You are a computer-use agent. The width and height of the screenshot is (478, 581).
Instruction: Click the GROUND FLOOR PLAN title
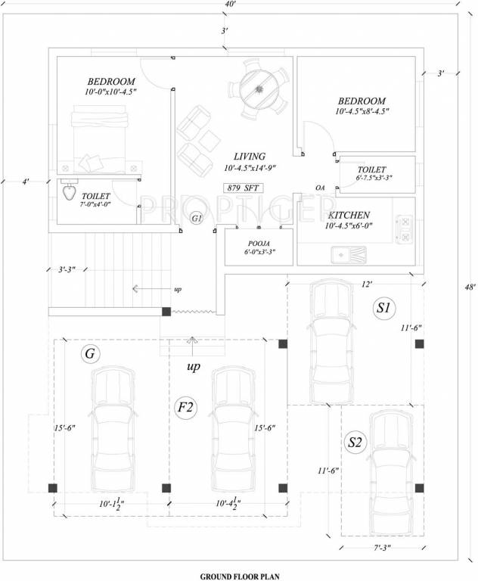coord(239,576)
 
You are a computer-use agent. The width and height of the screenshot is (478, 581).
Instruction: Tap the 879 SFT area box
coord(241,188)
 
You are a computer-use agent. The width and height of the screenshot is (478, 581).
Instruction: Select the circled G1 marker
coord(197,219)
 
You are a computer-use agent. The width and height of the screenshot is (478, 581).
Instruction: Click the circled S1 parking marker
coord(383,308)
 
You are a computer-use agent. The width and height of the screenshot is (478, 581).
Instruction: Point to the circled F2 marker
coord(186,409)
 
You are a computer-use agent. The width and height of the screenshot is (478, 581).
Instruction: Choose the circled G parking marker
coord(90,353)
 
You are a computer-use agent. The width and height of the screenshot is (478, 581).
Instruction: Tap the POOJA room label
coord(258,244)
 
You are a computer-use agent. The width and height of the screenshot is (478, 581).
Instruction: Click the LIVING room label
coord(248,154)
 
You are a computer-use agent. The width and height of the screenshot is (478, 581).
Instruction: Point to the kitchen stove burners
coord(404,230)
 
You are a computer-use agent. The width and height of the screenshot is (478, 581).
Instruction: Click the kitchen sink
coord(342,255)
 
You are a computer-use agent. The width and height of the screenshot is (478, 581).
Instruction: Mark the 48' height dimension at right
coord(470,287)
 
